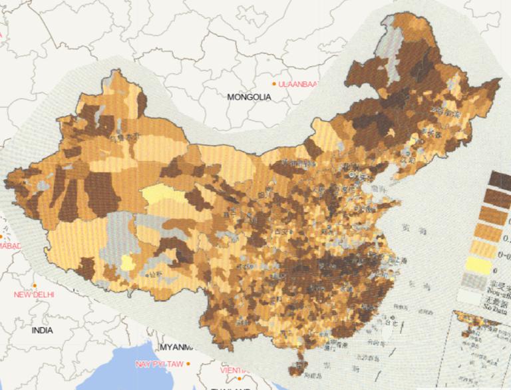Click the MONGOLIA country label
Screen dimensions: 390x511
coord(249,97)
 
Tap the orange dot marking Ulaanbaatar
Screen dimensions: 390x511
coord(273,83)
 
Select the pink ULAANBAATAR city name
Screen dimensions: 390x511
coord(299,84)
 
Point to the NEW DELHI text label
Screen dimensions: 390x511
coord(34,294)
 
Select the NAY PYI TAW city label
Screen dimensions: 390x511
coord(159,364)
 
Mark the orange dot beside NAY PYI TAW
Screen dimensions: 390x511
coord(188,363)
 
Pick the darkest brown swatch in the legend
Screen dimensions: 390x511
coord(500,179)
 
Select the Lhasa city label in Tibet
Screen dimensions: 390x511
coord(154,274)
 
